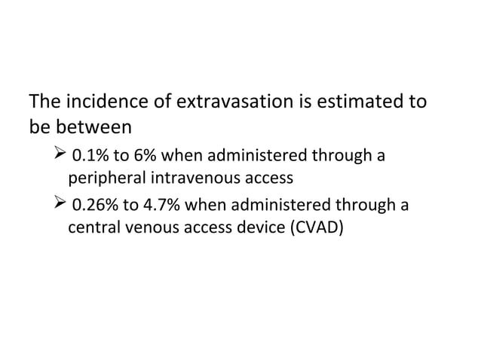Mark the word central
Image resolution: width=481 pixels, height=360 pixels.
pyautogui.click(x=93, y=227)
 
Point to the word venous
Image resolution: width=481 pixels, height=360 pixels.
pyautogui.click(x=149, y=227)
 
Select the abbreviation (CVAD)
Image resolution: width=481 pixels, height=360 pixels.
pyautogui.click(x=316, y=227)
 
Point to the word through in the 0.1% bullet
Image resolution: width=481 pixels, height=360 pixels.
pyautogui.click(x=344, y=157)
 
